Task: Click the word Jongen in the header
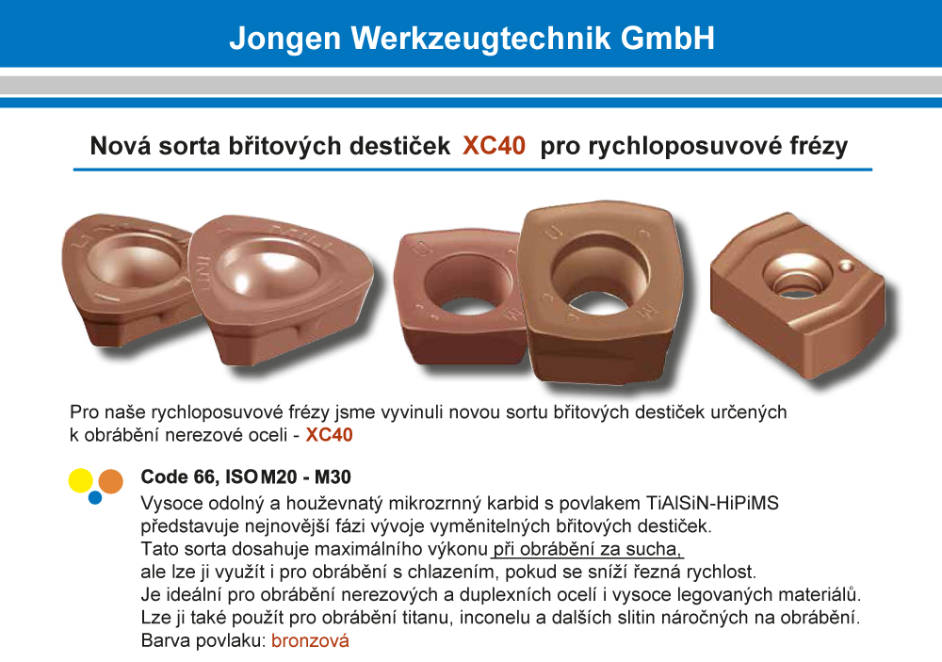(x=284, y=39)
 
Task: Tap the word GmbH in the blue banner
(x=668, y=38)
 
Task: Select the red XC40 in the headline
(x=494, y=145)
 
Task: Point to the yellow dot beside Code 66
(x=80, y=480)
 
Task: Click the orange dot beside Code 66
(x=110, y=481)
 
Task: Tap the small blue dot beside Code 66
(x=95, y=497)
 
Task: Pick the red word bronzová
(x=310, y=640)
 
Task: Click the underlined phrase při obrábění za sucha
(x=587, y=549)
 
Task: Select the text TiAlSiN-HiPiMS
(x=712, y=503)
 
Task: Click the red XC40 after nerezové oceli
(x=329, y=434)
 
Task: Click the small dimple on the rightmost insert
(x=846, y=266)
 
